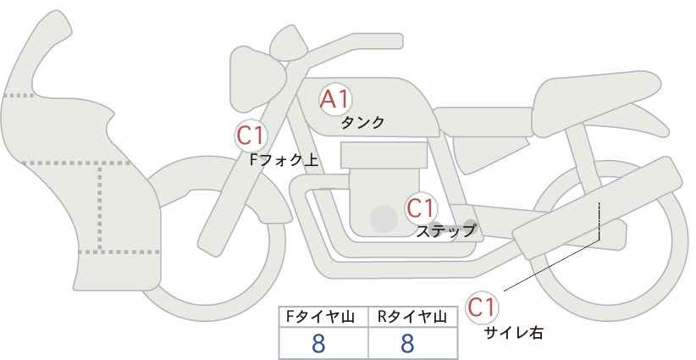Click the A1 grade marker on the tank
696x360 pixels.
pyautogui.click(x=335, y=99)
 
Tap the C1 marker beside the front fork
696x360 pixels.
pyautogui.click(x=251, y=134)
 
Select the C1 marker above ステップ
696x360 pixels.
pyautogui.click(x=420, y=207)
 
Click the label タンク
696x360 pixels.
pyautogui.click(x=362, y=122)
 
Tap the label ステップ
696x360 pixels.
pyautogui.click(x=445, y=230)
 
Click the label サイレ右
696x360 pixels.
pyautogui.click(x=513, y=333)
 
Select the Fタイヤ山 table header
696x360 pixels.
pyautogui.click(x=323, y=317)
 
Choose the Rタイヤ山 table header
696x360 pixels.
pyautogui.click(x=412, y=317)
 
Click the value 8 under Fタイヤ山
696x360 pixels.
pyautogui.click(x=318, y=343)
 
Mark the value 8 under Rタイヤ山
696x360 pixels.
pyautogui.click(x=407, y=343)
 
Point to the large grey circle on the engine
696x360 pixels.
pyautogui.click(x=384, y=219)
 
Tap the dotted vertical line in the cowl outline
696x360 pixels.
pyautogui.click(x=101, y=207)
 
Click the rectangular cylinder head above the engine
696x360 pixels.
pyautogui.click(x=384, y=155)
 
